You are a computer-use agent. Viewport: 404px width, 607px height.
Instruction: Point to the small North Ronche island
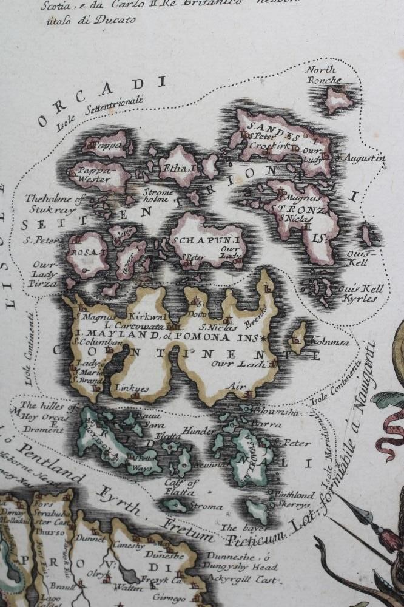pos(338,99)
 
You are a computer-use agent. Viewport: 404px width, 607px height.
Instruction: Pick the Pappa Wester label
pos(93,175)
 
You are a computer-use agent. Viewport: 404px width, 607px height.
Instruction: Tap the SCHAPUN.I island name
pos(206,240)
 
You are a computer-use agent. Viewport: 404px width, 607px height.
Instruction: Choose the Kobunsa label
pos(330,342)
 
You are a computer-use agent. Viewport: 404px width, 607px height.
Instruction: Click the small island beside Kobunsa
pos(298,337)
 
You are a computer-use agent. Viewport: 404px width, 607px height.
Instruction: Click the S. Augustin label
pos(362,158)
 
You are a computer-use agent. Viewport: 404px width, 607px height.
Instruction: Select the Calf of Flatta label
pos(182,487)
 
